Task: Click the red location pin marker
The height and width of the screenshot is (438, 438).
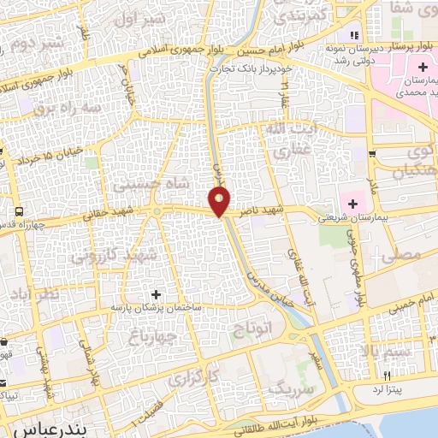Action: tap(221, 202)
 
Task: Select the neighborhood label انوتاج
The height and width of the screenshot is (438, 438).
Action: tap(251, 327)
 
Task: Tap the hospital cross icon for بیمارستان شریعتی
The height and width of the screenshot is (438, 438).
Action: tap(351, 203)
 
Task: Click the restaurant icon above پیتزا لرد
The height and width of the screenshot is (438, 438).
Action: tap(388, 376)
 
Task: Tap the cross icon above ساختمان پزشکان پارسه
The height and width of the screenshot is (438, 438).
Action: tap(155, 293)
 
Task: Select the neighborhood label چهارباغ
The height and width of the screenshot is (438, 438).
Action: tap(148, 334)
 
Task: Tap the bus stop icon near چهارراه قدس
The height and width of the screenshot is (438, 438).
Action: tap(17, 210)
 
